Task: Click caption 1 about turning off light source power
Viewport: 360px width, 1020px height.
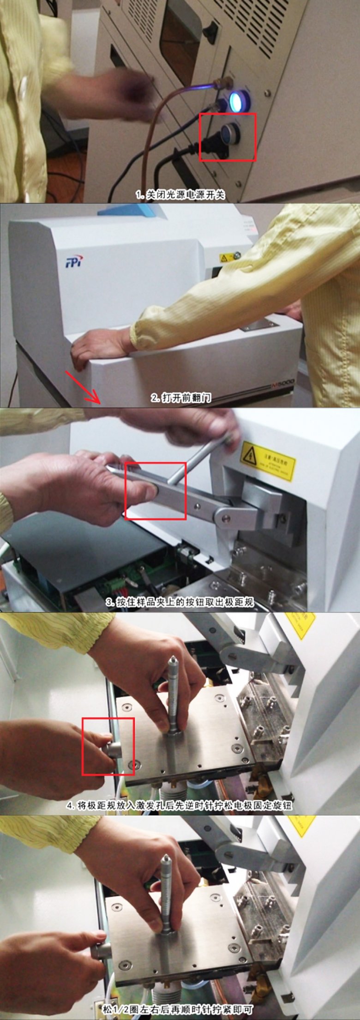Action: click(180, 195)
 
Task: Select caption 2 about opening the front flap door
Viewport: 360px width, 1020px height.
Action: click(181, 398)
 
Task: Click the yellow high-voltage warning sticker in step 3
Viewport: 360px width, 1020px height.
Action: click(268, 462)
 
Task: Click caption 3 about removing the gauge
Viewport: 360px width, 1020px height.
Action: click(180, 603)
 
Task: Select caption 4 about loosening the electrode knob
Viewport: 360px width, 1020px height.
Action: click(180, 806)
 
